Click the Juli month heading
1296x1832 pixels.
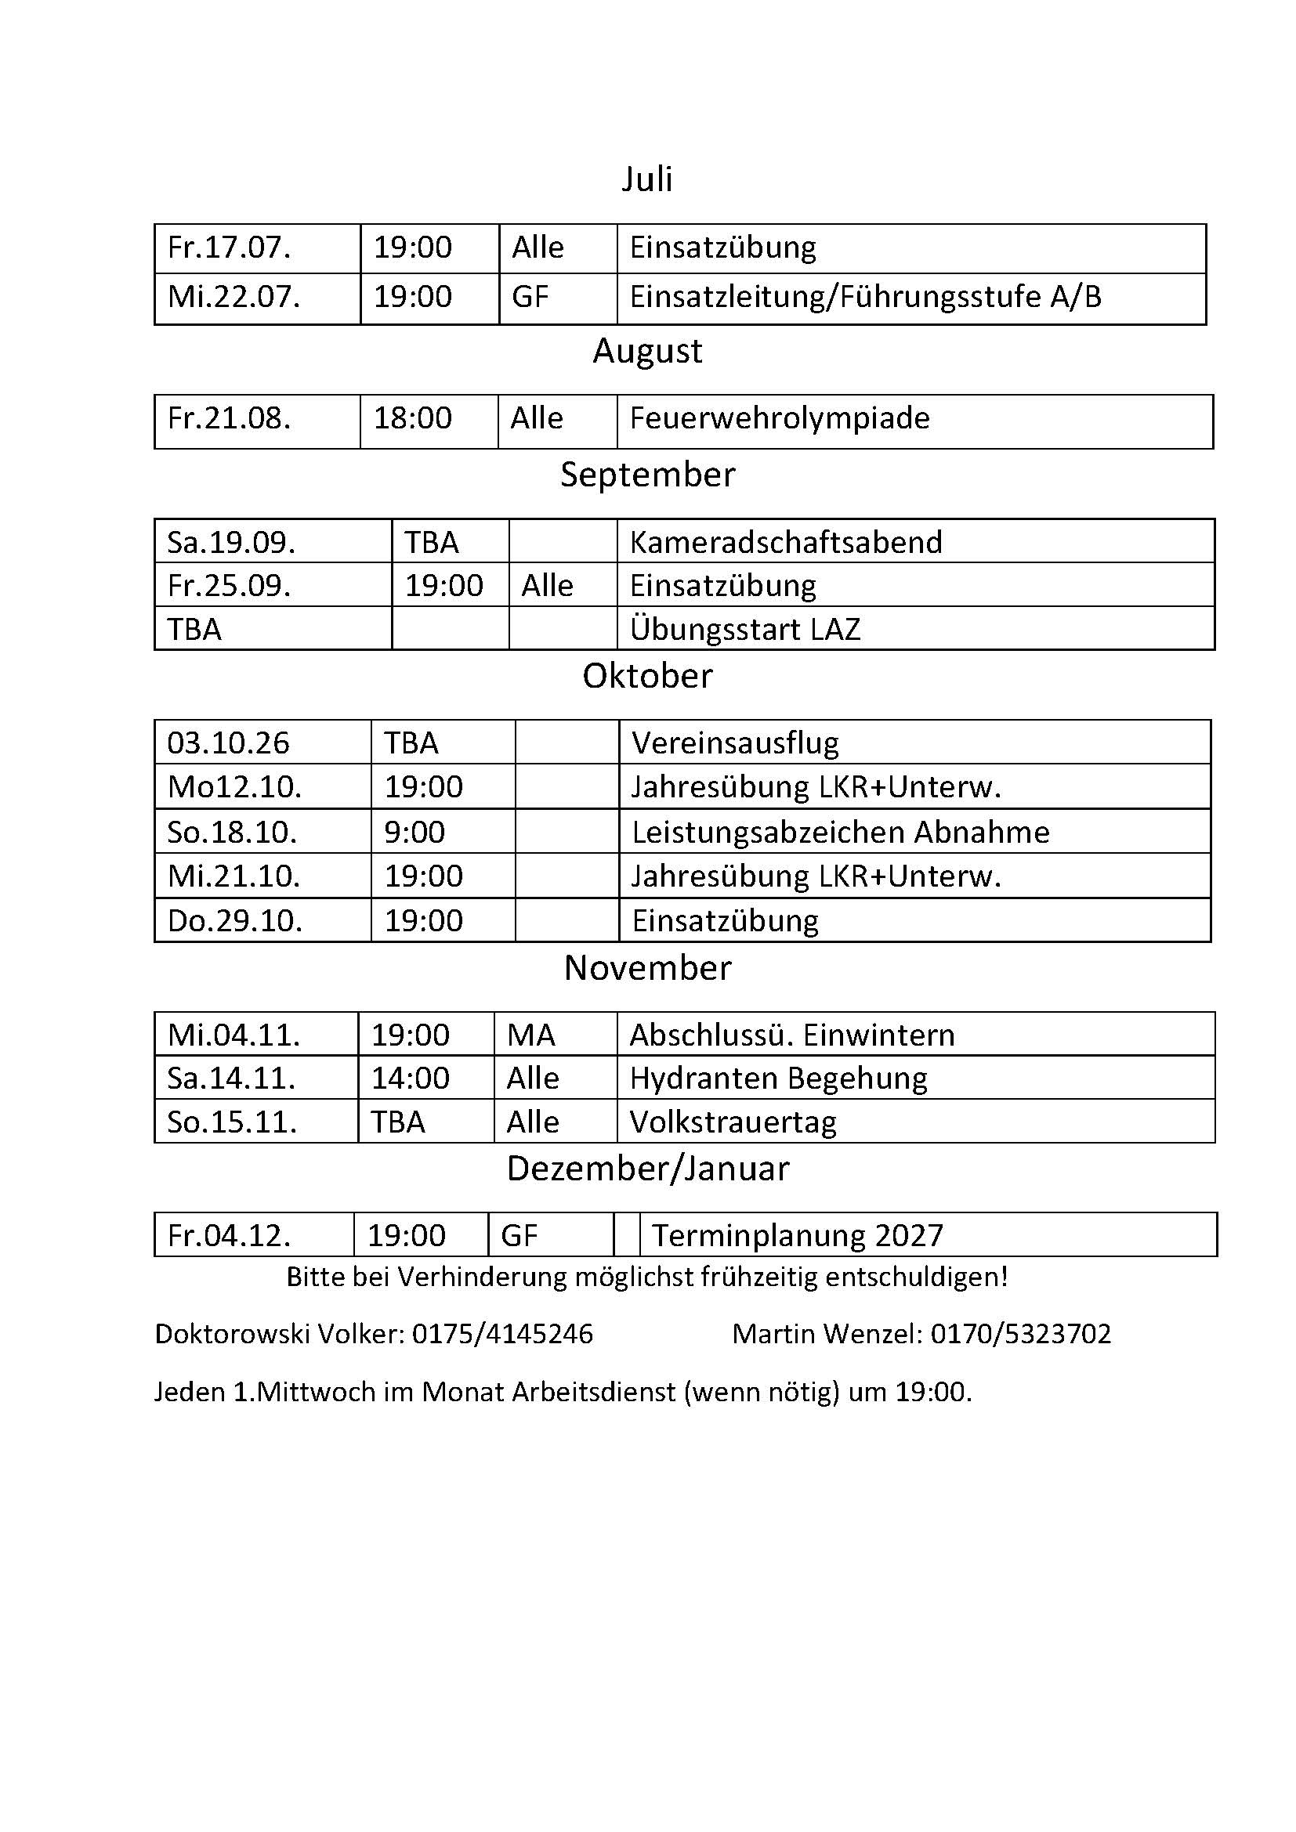click(x=646, y=179)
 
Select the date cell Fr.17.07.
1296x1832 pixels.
click(x=229, y=248)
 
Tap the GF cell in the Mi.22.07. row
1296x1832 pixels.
click(x=530, y=298)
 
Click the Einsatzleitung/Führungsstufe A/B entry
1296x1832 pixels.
click(x=865, y=298)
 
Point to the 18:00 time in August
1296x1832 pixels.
click(x=413, y=419)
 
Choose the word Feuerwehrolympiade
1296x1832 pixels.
click(x=779, y=419)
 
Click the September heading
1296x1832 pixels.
click(x=647, y=475)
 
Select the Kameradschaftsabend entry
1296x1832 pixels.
click(x=785, y=543)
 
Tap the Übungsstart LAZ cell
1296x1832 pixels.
click(x=744, y=630)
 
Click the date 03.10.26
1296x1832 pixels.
click(x=228, y=743)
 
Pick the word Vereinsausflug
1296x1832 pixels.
click(x=735, y=743)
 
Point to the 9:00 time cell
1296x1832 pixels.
click(x=415, y=833)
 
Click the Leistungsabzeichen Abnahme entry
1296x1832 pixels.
click(x=840, y=833)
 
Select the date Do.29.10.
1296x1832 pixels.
click(x=234, y=922)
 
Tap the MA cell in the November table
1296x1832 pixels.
click(x=530, y=1035)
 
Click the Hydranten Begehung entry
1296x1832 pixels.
click(x=778, y=1079)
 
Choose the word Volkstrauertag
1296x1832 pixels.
click(x=733, y=1122)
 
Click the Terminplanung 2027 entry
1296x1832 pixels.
click(x=797, y=1236)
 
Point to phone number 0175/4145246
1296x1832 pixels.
click(x=502, y=1334)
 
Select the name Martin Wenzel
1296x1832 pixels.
click(x=826, y=1334)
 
